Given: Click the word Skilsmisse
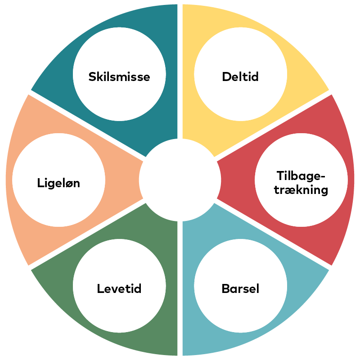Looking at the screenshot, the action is (119, 76).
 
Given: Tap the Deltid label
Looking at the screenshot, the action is (240, 76).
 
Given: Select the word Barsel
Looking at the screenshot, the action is (240, 288).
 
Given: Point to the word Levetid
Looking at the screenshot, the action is (119, 288).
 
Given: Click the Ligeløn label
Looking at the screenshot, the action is (58, 183).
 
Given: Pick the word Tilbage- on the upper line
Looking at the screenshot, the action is (301, 175).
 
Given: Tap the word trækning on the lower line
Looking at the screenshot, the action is (301, 190).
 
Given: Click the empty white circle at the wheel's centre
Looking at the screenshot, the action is (180, 180).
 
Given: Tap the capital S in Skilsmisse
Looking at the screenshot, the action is (92, 76).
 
